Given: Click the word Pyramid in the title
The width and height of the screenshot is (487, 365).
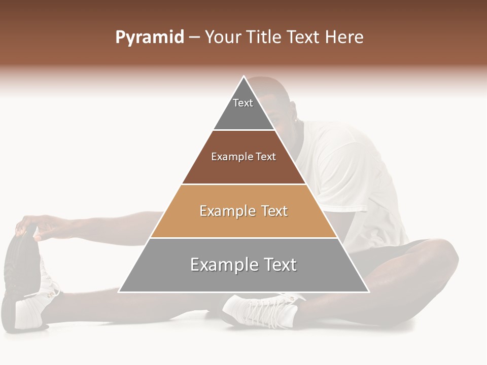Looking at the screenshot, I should (149, 38).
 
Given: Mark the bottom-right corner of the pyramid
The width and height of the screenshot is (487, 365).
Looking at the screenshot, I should (368, 291).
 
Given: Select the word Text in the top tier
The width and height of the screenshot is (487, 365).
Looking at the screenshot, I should (243, 103).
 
